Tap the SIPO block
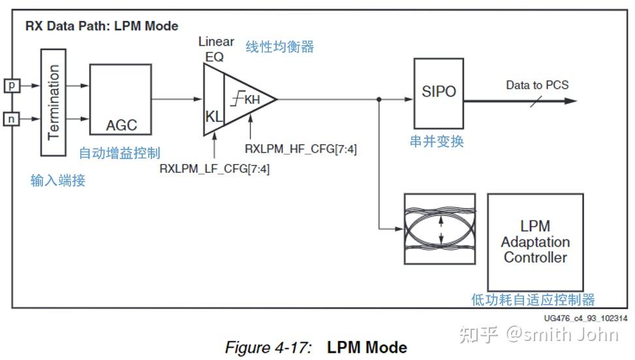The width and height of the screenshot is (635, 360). tap(439, 92)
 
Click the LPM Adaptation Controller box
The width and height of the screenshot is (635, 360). tap(534, 241)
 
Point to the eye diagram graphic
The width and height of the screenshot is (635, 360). tap(441, 230)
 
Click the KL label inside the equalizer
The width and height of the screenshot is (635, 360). tap(214, 117)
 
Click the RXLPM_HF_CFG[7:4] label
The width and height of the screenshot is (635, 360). tap(301, 149)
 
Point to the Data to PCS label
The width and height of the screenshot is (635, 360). tap(537, 85)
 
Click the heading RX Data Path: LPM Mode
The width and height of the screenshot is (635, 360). tap(101, 27)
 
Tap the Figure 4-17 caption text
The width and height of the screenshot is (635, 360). tap(316, 348)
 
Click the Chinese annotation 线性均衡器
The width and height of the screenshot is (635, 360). tap(279, 47)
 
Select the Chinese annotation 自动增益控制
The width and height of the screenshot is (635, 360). tap(119, 153)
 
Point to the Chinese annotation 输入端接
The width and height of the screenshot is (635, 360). tap(57, 181)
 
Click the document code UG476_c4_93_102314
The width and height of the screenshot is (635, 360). tap(585, 318)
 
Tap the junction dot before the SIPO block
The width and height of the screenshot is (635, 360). tap(379, 100)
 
